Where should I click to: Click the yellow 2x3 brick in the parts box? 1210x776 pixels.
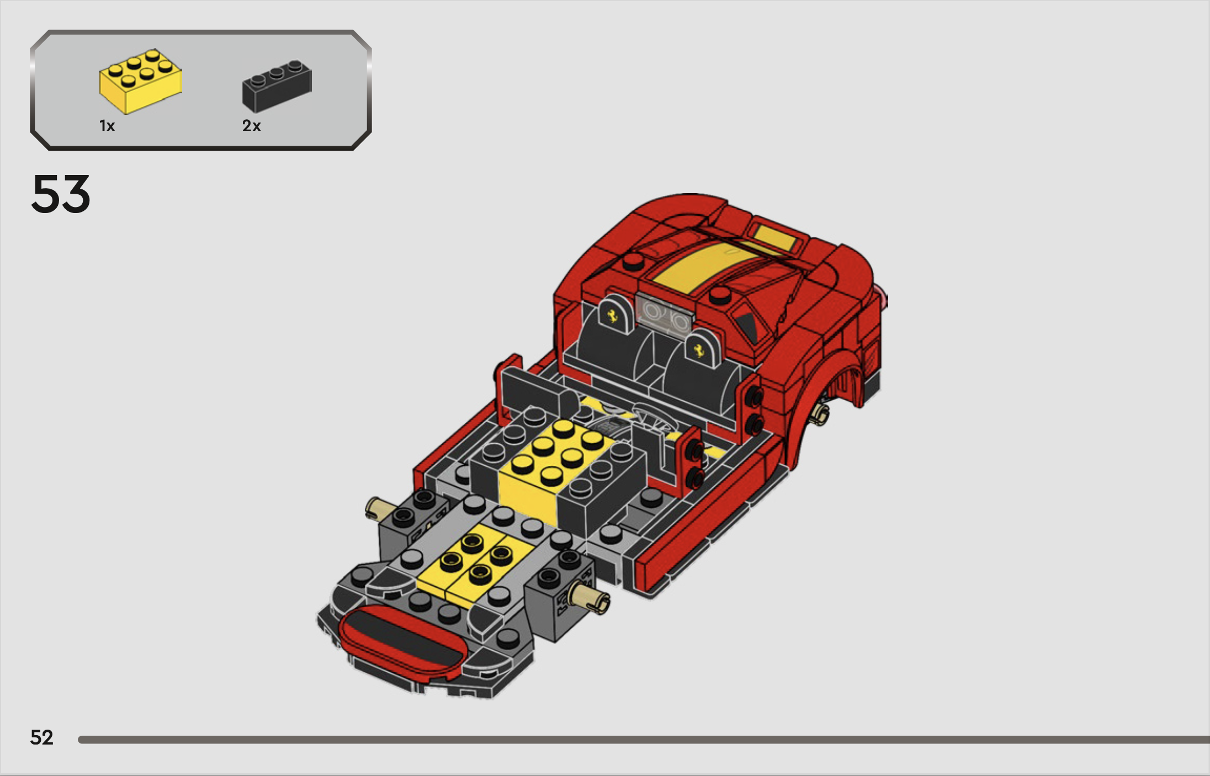click(x=140, y=81)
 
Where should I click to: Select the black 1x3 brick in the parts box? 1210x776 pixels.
click(x=277, y=86)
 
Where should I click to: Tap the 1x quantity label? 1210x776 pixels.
click(x=107, y=126)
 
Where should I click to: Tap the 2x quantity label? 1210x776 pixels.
click(x=251, y=126)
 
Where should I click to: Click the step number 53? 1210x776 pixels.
click(x=61, y=194)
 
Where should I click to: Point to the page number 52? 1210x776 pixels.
click(x=42, y=737)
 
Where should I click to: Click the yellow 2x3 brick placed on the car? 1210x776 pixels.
click(x=555, y=469)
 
